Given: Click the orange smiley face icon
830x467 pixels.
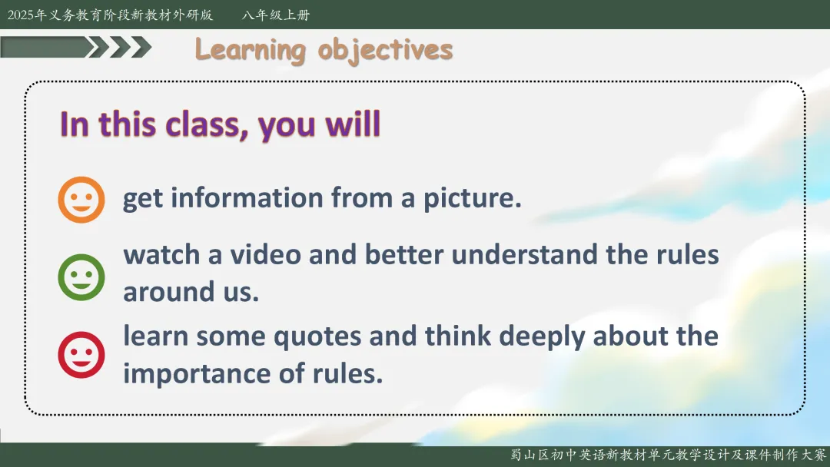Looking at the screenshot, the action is click(x=81, y=200).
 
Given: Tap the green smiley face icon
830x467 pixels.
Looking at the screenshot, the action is click(x=81, y=277).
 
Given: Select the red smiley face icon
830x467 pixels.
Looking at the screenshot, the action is click(x=81, y=355).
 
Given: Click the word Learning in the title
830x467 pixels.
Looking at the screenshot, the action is click(x=251, y=51).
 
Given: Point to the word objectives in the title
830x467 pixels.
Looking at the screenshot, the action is click(x=385, y=51).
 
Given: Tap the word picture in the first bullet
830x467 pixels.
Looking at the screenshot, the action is click(x=472, y=199).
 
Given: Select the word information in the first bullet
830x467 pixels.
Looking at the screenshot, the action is click(x=247, y=198).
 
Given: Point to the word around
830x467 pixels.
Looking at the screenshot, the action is click(x=169, y=292).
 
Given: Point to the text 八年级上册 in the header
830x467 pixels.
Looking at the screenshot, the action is click(x=276, y=15).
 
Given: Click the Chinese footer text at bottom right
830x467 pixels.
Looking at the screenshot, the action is click(x=668, y=455).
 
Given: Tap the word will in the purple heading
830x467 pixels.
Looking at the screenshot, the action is click(x=353, y=124).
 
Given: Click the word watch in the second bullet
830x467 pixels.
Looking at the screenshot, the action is click(x=161, y=254).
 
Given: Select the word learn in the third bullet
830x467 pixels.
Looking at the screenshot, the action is click(x=155, y=336).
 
